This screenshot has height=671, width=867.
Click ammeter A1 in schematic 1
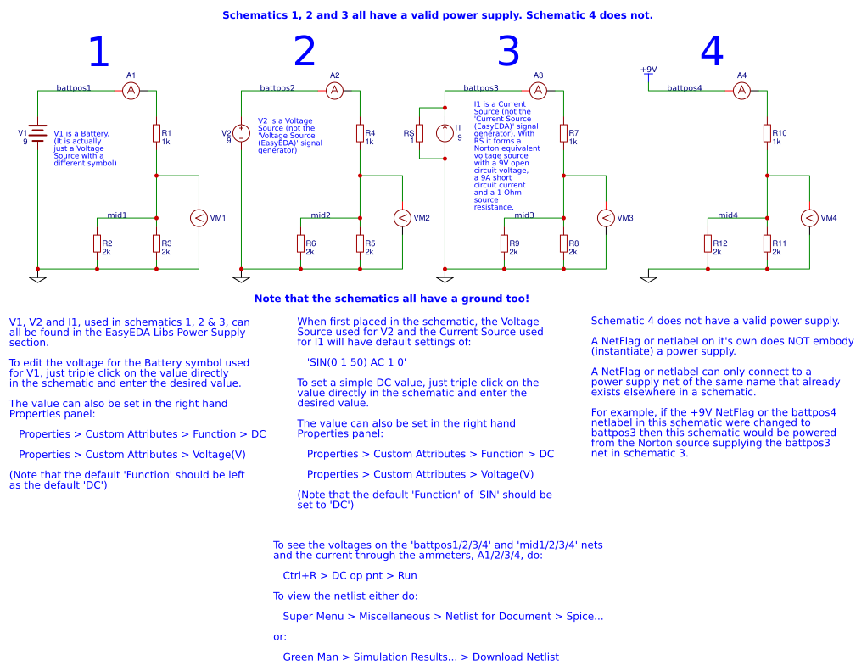click(131, 90)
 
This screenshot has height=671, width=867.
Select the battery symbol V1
click(37, 133)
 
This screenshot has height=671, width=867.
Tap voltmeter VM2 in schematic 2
click(402, 218)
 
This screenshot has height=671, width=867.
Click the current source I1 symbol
click(445, 133)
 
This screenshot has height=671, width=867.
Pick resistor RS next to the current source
click(419, 133)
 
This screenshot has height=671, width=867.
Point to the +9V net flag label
click(648, 70)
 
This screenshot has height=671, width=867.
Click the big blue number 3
click(508, 53)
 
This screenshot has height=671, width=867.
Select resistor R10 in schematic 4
click(767, 133)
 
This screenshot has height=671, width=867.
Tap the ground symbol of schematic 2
click(241, 277)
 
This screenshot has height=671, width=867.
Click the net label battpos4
click(685, 87)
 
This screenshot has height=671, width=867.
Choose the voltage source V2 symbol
click(241, 133)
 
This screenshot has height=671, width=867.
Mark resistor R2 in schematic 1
click(97, 243)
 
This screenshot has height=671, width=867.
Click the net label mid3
click(524, 215)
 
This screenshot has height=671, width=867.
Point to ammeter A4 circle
click(741, 90)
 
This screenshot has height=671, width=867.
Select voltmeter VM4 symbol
click(809, 218)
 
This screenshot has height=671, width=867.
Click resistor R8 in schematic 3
click(563, 243)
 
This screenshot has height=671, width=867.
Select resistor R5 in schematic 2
click(360, 243)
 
